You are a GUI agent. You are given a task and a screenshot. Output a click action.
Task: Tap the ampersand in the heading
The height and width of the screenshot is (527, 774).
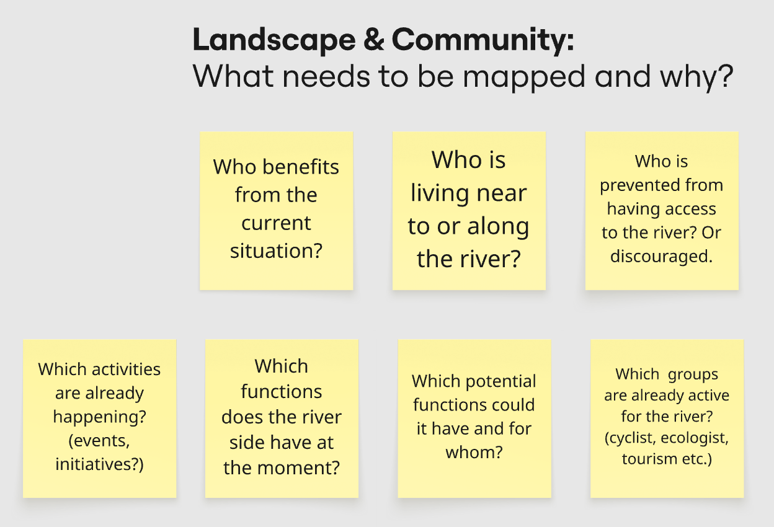pos(373,39)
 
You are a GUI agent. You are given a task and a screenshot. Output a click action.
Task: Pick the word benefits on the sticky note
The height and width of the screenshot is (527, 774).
pos(301,167)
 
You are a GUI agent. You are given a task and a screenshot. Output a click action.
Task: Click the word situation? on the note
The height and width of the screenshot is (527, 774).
pos(276,251)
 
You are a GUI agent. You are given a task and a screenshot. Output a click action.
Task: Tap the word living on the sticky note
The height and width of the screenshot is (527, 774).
pos(440,194)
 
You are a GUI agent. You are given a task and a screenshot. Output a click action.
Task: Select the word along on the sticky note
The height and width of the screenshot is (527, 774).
pos(498,227)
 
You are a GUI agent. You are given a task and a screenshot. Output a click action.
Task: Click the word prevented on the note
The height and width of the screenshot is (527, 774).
pos(638,185)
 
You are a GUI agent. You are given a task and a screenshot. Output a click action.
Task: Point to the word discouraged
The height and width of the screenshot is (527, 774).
pos(661,257)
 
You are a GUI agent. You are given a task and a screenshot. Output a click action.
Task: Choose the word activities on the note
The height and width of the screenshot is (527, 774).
pos(126,369)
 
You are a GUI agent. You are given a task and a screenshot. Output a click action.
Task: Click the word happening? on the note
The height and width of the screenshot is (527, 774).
pos(99,417)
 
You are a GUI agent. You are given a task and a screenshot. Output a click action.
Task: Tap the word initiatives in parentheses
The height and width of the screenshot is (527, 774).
pos(96,464)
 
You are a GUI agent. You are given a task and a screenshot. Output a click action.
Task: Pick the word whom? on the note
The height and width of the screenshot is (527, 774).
pos(474,453)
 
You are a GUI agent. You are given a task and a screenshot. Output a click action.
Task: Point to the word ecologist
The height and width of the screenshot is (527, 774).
pos(695,438)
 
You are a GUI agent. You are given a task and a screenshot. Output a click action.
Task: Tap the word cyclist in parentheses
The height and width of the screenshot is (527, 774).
pos(630,438)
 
